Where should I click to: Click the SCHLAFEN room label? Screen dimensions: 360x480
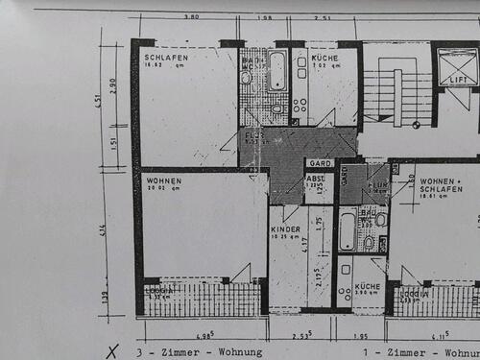click(166, 59)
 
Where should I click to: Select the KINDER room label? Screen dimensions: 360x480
click(285, 230)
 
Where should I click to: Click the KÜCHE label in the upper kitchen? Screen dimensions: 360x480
click(324, 59)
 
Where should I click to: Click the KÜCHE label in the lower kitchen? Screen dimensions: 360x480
click(367, 287)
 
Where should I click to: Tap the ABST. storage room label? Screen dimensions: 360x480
click(315, 178)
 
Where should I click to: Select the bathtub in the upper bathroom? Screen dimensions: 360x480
click(276, 70)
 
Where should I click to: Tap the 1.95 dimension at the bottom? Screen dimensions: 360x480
click(360, 337)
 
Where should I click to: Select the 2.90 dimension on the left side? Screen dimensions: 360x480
click(114, 87)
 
